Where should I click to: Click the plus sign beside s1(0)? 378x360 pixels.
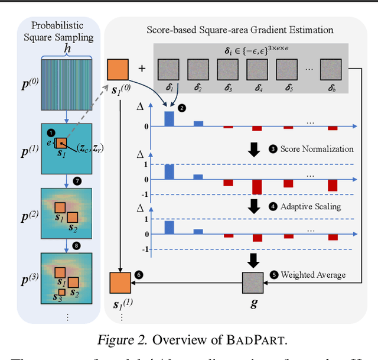click(x=142, y=69)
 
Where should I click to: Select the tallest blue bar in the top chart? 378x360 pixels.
click(x=169, y=118)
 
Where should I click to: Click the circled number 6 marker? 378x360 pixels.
click(x=139, y=275)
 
